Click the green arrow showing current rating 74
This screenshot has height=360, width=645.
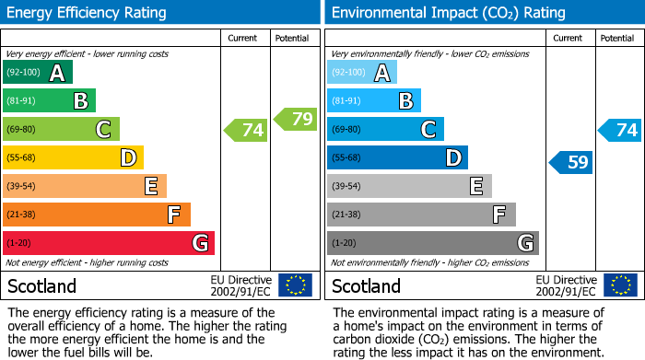coord(246,130)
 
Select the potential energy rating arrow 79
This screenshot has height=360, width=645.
coord(296,119)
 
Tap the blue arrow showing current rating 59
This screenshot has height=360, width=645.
coord(571,163)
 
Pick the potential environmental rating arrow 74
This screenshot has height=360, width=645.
coord(620,130)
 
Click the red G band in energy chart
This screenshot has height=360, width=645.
coord(109,243)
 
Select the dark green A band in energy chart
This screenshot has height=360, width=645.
coord(38,73)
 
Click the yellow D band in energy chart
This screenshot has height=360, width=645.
coord(74,158)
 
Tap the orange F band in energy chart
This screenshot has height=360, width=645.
coord(97,215)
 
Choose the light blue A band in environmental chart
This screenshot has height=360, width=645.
coord(362,73)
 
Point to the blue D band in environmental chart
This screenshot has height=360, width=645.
coord(397,158)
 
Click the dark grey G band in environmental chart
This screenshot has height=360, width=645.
coord(432,243)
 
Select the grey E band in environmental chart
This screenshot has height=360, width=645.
coord(409,186)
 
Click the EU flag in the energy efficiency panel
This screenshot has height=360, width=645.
coord(295,285)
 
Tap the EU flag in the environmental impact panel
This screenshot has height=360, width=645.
coord(619,285)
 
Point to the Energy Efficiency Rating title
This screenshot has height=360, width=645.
coord(88,13)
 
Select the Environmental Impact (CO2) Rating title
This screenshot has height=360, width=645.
coord(448,13)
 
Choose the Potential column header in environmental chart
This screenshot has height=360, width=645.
coord(617,38)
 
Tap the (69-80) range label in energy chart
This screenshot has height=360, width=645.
coord(22,130)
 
